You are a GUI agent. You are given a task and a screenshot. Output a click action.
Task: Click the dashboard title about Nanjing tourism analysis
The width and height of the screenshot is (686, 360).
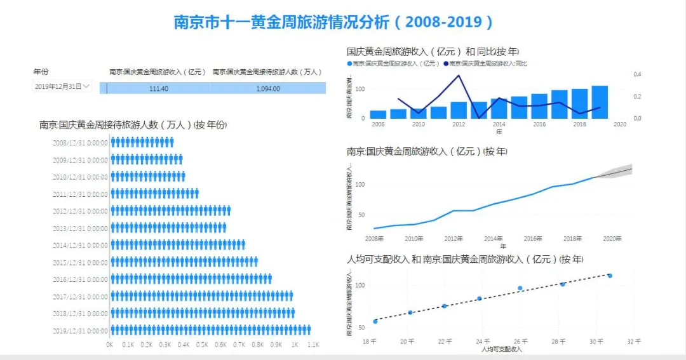333,22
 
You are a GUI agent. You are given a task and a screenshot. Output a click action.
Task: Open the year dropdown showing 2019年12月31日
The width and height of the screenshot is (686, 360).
62,86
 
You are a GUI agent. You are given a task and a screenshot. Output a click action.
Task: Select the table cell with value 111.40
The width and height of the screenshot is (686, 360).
159,89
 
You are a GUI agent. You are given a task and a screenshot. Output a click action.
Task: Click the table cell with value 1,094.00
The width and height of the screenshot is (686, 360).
268,89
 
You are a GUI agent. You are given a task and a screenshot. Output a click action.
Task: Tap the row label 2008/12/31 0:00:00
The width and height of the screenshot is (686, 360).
80,143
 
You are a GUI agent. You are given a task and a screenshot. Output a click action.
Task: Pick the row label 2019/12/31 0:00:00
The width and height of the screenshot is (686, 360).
80,331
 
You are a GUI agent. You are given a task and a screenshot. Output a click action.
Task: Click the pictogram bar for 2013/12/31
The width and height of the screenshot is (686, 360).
168,227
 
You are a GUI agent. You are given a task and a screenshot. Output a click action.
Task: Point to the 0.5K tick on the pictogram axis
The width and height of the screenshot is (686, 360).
202,345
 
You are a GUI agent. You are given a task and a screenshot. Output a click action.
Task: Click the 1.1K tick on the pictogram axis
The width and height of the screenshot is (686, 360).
313,345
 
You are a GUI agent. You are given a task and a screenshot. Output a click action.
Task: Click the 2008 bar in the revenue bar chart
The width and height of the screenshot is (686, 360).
378,115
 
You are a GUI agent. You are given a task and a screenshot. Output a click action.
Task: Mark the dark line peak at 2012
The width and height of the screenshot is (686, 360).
459,76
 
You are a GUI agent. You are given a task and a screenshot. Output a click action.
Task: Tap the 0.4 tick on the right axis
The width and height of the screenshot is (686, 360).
637,74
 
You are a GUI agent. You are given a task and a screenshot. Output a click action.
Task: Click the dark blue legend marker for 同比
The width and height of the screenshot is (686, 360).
446,63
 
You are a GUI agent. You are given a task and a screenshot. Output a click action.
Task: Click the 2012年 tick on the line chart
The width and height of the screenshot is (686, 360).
454,239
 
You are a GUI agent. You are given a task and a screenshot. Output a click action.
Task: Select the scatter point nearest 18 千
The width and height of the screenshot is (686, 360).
375,321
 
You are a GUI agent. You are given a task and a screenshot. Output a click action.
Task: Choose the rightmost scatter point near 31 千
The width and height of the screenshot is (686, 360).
610,276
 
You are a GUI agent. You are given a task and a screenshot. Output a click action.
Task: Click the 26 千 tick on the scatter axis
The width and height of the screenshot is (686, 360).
520,342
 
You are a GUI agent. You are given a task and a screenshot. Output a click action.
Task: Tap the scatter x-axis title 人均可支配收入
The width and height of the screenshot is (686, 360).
501,349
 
